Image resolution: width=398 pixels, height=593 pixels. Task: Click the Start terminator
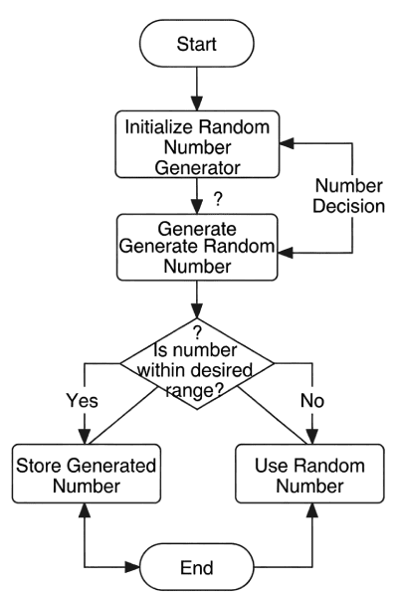[197, 44]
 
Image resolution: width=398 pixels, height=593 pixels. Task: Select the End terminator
[196, 568]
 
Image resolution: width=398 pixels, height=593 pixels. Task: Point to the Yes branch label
[82, 401]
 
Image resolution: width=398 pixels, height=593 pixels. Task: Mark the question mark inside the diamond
[197, 332]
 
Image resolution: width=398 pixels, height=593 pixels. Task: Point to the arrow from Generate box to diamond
[197, 297]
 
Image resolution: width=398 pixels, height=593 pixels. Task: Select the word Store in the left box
[38, 466]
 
